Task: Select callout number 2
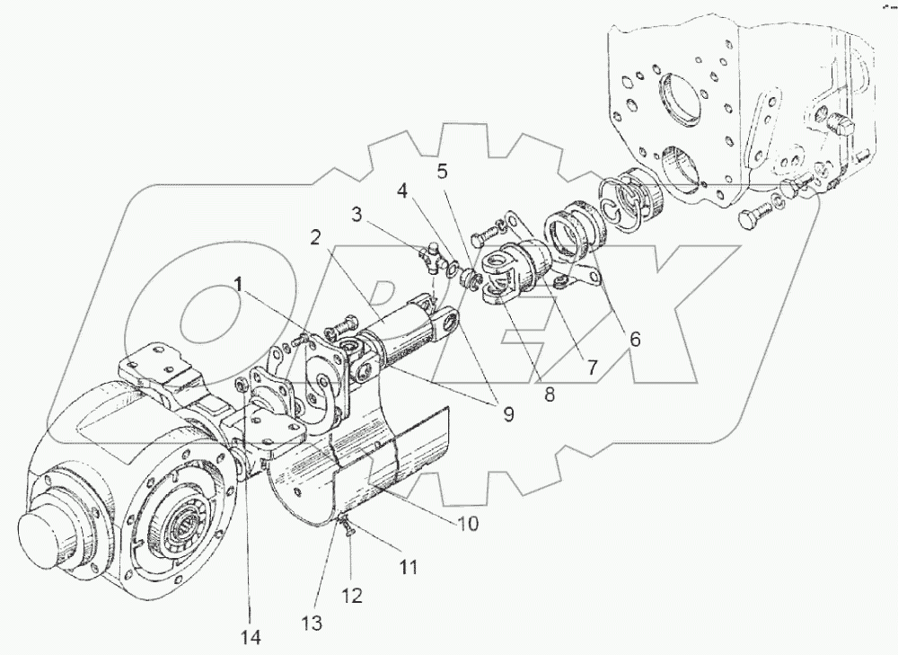click(316, 238)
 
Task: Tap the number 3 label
click(357, 216)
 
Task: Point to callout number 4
click(403, 190)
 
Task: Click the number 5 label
click(442, 169)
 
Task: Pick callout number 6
click(635, 341)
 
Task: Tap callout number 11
click(409, 567)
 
